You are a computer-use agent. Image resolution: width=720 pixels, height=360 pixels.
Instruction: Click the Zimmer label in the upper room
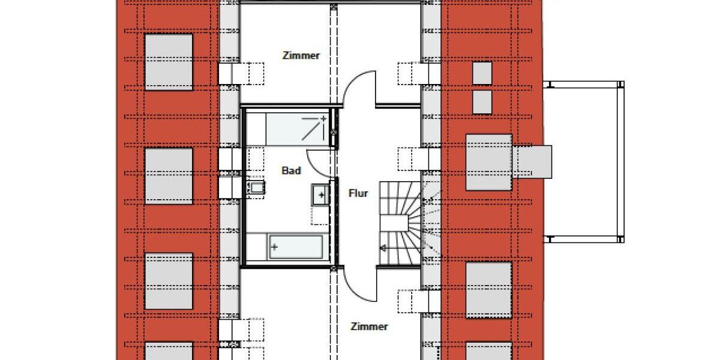pos(301,56)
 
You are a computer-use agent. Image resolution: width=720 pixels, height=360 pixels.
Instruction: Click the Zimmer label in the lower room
pos(369,327)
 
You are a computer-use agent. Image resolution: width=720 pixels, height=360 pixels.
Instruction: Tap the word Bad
pos(291,171)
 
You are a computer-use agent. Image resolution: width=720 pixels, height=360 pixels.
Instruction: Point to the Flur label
pos(358,193)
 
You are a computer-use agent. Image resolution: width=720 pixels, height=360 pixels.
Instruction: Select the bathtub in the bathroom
pos(296,247)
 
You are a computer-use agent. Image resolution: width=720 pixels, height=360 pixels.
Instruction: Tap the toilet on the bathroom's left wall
pos(257,188)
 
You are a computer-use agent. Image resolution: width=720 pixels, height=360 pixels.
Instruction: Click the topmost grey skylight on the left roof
pos(169,61)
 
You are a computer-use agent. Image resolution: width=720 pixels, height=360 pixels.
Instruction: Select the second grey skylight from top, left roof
pos(169,176)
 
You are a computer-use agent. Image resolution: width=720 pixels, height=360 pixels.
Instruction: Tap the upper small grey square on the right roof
pos(482,73)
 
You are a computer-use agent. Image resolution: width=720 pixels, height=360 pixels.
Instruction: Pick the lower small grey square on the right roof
pos(482,102)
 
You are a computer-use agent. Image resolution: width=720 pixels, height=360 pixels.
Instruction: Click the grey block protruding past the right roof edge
pos(532,162)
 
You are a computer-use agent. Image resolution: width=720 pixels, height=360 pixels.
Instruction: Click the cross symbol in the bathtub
pos(275,246)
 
